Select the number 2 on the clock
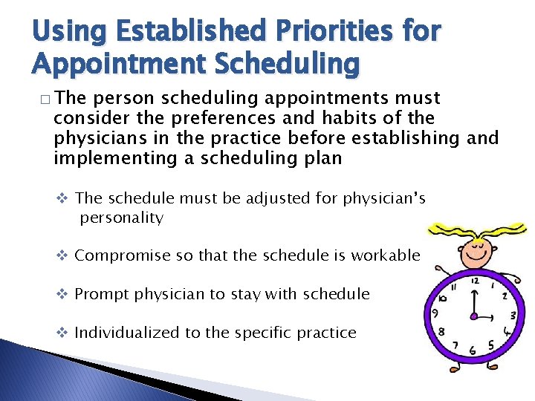(x=506, y=296)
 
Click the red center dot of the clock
(x=473, y=316)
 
